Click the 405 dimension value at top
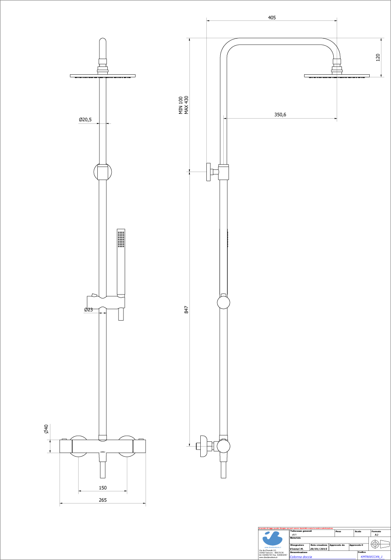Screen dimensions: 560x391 click(x=272, y=18)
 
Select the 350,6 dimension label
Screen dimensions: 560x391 click(x=280, y=115)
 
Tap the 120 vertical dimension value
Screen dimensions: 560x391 click(x=378, y=57)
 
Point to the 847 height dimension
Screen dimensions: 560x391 click(x=186, y=310)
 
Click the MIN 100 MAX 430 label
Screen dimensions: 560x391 click(x=184, y=105)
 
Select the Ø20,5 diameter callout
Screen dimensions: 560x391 click(x=85, y=119)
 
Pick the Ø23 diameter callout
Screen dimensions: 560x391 click(x=89, y=310)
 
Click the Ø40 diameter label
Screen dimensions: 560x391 click(x=45, y=430)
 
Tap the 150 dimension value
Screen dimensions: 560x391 click(x=103, y=488)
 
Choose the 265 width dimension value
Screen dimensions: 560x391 click(x=103, y=500)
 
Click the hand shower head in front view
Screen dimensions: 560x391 click(x=121, y=240)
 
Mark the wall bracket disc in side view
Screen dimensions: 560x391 click(x=209, y=172)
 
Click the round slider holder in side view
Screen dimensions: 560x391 click(x=223, y=302)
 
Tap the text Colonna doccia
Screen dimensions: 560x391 click(x=301, y=557)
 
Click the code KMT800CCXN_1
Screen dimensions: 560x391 click(x=371, y=557)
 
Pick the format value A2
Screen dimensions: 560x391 click(x=377, y=535)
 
